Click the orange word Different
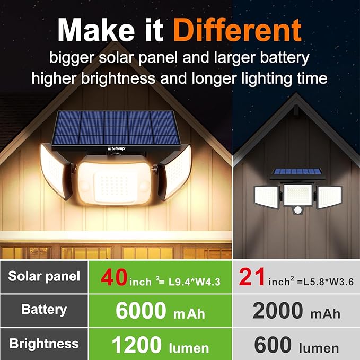point(237,30)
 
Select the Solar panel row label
point(44,276)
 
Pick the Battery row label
point(44,310)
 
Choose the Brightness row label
point(44,343)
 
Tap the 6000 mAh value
point(160,311)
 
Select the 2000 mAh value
point(296,311)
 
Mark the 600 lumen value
point(296,345)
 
